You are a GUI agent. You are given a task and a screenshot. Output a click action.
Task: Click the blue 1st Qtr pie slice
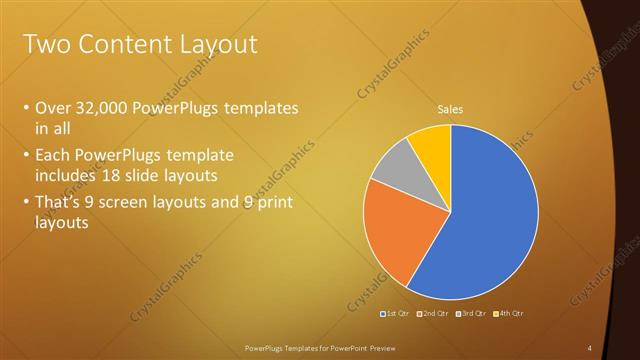pyautogui.click(x=490, y=220)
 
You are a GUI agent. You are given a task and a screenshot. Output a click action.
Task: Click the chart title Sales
pyautogui.click(x=451, y=110)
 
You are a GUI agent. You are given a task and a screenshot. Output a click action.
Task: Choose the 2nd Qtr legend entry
pyautogui.click(x=431, y=314)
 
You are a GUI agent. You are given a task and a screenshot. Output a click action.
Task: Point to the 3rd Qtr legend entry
pyautogui.click(x=470, y=314)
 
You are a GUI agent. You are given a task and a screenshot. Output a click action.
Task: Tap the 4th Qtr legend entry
pyautogui.click(x=507, y=314)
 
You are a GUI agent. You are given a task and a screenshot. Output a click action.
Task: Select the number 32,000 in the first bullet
pyautogui.click(x=105, y=108)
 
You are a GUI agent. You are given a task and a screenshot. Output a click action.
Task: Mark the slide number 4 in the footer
pyautogui.click(x=589, y=347)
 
